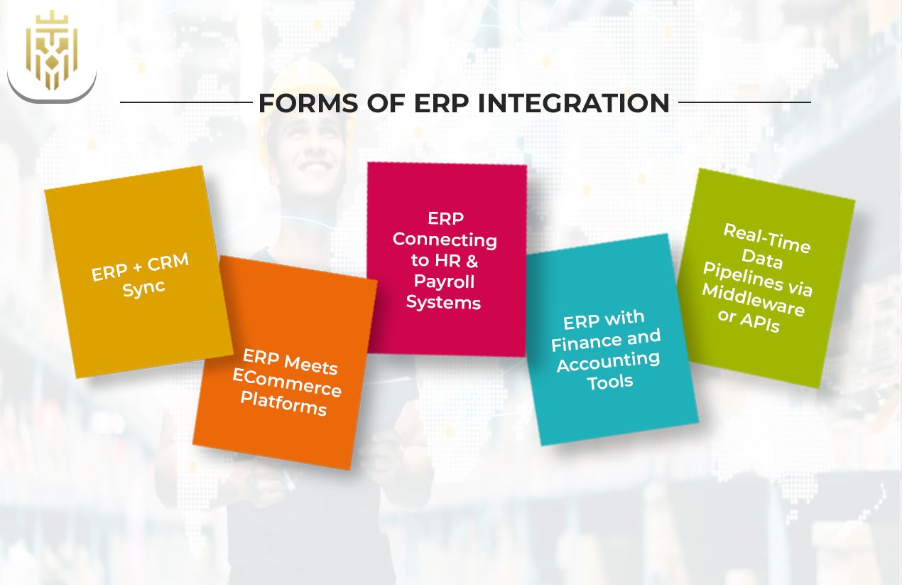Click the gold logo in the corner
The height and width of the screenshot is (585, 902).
[x=51, y=51]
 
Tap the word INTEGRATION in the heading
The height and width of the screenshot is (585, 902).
[x=574, y=103]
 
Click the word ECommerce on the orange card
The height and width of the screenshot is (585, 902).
[x=287, y=383]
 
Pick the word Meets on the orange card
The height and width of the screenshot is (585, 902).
[x=310, y=364]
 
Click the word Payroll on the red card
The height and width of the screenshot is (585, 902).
[x=444, y=281]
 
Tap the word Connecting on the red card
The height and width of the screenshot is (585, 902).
[x=445, y=239]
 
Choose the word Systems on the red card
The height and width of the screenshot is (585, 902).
[x=444, y=302]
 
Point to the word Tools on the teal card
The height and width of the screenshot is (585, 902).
[x=610, y=382]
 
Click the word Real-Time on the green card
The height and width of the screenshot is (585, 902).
[x=766, y=238]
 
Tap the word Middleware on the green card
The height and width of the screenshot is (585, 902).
[x=753, y=300]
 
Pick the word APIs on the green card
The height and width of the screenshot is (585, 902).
[x=760, y=321]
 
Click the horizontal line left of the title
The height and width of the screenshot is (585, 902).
[x=186, y=102]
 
